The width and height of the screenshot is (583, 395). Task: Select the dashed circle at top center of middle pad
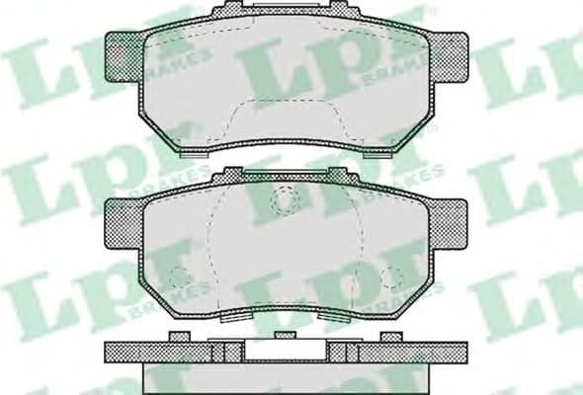pos(286,201)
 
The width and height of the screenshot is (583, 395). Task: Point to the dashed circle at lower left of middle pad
pos(178,278)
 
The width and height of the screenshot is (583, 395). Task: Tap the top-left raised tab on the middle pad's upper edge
pos(228,174)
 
